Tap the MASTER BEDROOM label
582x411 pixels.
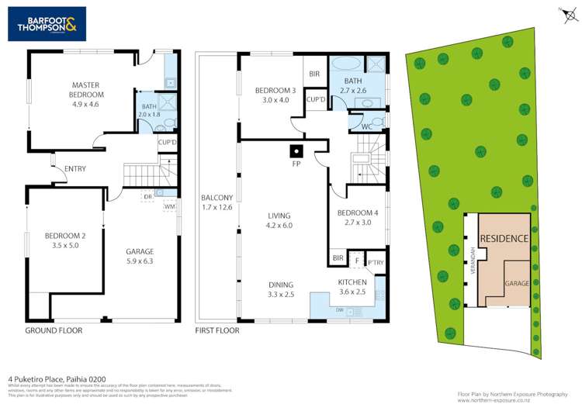[x=87, y=90]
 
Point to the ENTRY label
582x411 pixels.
[x=75, y=169]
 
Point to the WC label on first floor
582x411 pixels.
[x=367, y=126]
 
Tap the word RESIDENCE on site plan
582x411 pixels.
[x=504, y=239]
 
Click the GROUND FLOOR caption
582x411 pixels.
[x=54, y=330]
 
